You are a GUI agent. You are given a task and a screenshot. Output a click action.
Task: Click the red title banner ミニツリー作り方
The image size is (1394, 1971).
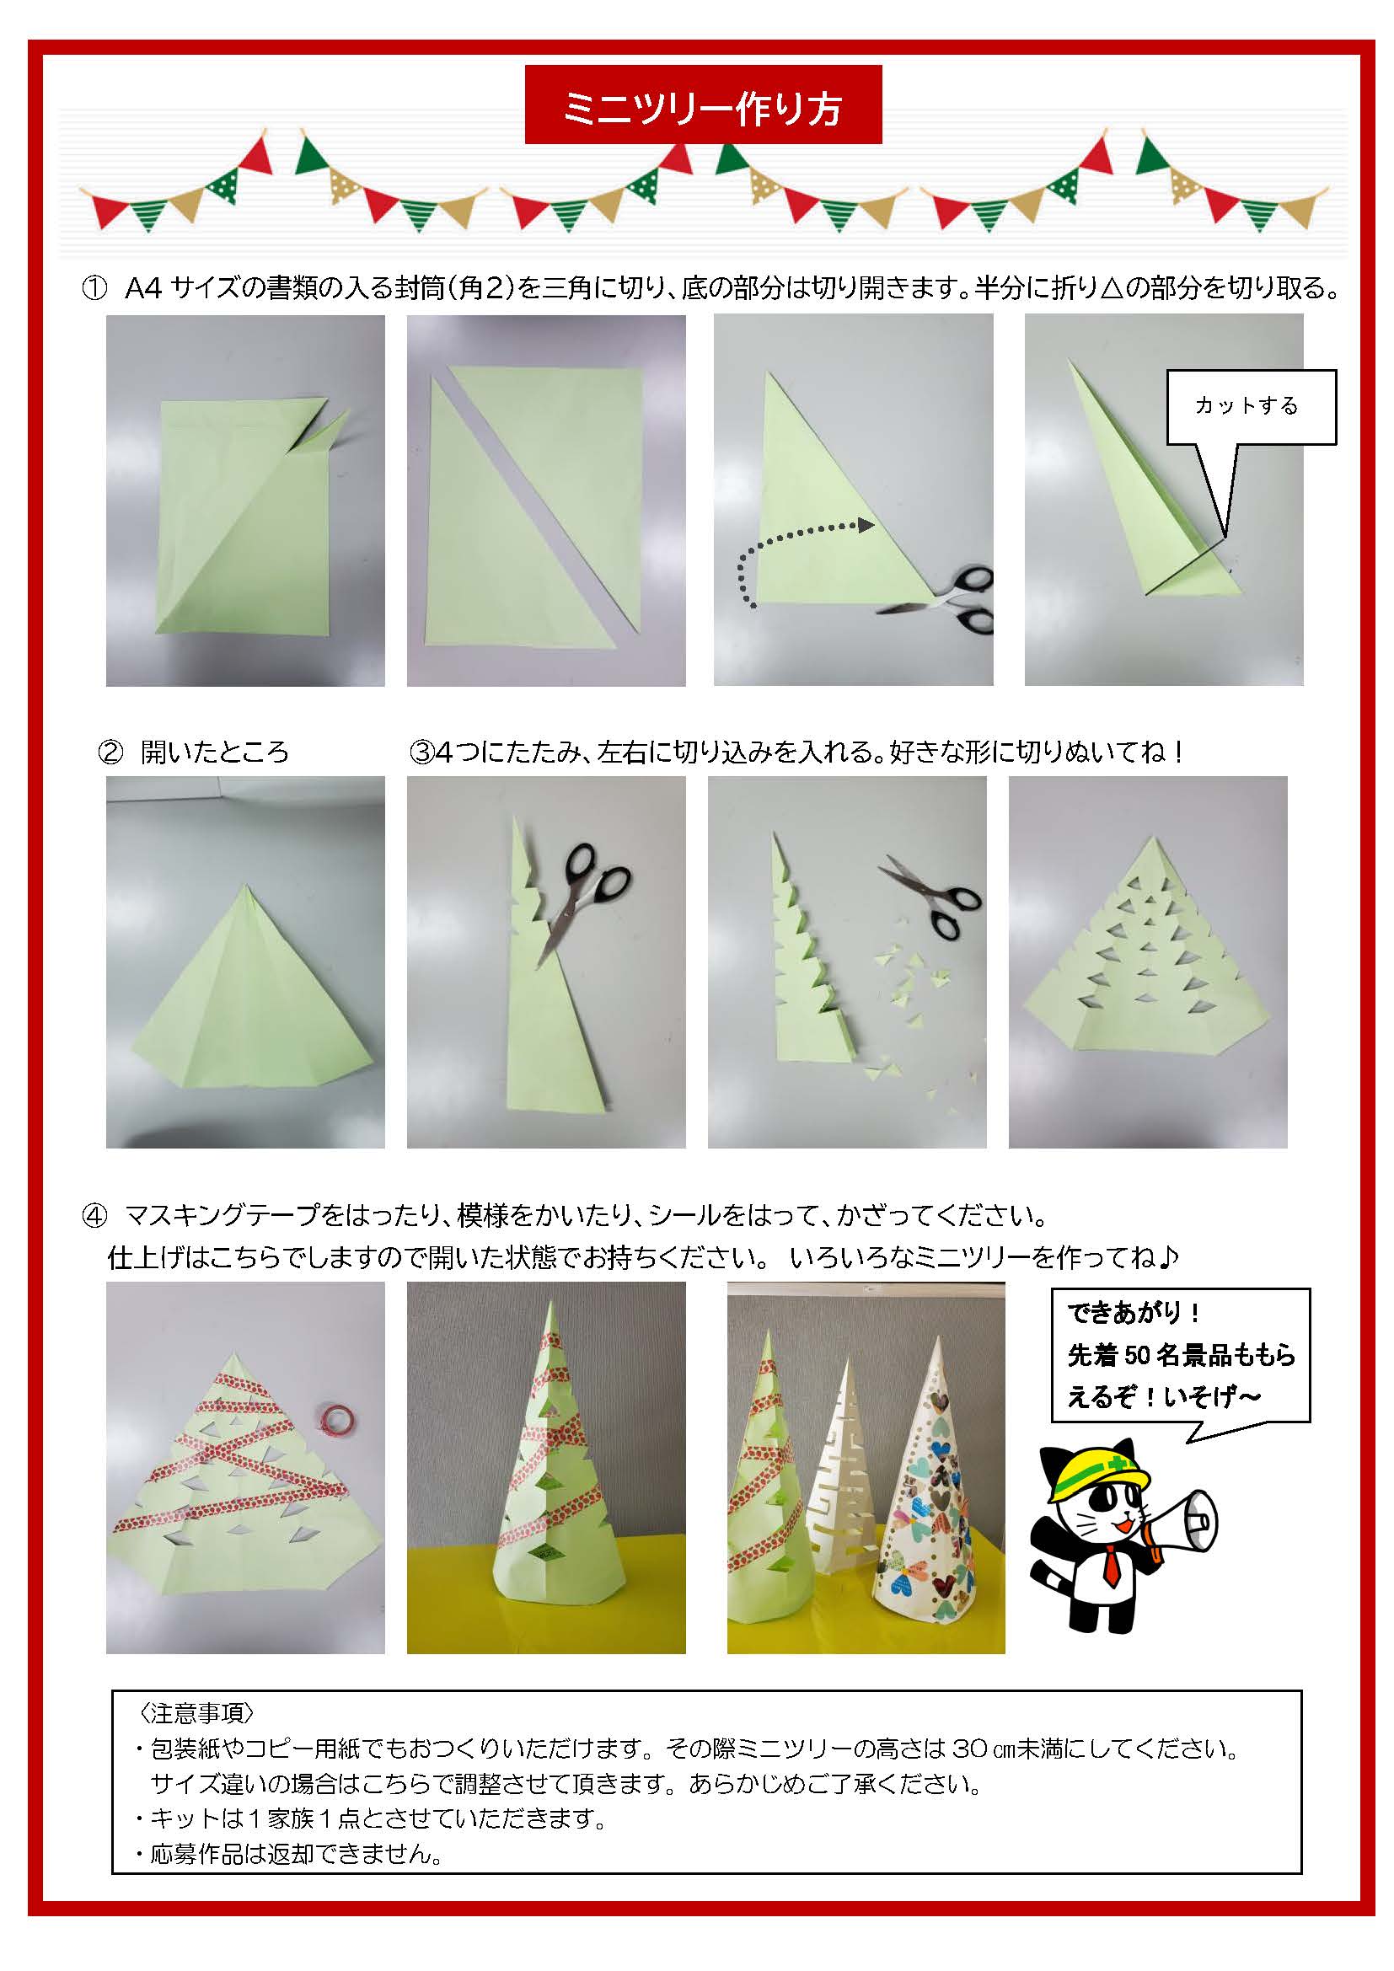point(703,104)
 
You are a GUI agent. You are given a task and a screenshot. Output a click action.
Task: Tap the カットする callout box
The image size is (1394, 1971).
point(1250,406)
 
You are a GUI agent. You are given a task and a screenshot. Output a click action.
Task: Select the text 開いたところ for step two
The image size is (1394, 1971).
point(215,753)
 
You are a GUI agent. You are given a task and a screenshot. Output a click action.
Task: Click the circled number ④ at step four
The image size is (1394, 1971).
point(94,1217)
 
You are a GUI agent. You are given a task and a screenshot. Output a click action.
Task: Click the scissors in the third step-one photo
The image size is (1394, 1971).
point(953,601)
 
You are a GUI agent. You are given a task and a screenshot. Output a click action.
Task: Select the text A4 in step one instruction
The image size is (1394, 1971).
point(142,288)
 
